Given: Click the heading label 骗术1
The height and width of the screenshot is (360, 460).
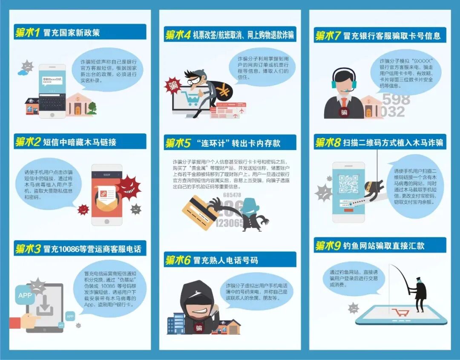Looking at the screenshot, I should pos(27,32).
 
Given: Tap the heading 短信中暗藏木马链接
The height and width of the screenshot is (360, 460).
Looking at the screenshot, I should pos(79,142).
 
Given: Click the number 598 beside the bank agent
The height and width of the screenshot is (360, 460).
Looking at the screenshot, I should pos(396,99).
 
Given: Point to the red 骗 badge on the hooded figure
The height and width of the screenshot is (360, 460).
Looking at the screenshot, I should pos(199,328).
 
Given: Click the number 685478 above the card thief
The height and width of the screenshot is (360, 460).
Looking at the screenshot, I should pos(232,195).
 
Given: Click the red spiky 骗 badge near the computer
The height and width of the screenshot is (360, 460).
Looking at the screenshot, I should pos(172,85).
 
